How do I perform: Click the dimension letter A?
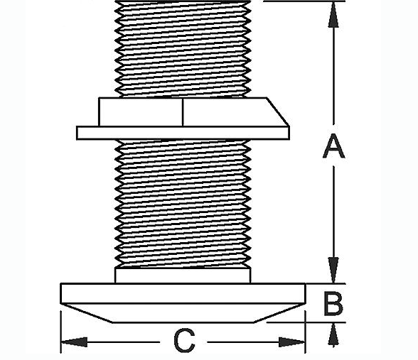334,146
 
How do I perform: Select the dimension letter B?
333,304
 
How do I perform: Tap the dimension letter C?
184,341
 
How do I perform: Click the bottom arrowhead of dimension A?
333,270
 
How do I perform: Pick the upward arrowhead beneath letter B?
333,334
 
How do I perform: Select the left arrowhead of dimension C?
75,342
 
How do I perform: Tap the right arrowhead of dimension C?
291,342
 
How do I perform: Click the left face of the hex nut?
141,112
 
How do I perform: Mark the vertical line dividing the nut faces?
183,112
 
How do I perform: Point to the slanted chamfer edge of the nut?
278,112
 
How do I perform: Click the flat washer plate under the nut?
183,133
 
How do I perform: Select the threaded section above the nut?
183,49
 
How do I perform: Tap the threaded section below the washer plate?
183,203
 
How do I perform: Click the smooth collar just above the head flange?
183,276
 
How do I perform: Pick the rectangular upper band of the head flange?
183,293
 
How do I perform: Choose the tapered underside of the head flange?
183,313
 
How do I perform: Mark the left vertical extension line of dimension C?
61,332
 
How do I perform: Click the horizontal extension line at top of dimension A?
304,1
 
